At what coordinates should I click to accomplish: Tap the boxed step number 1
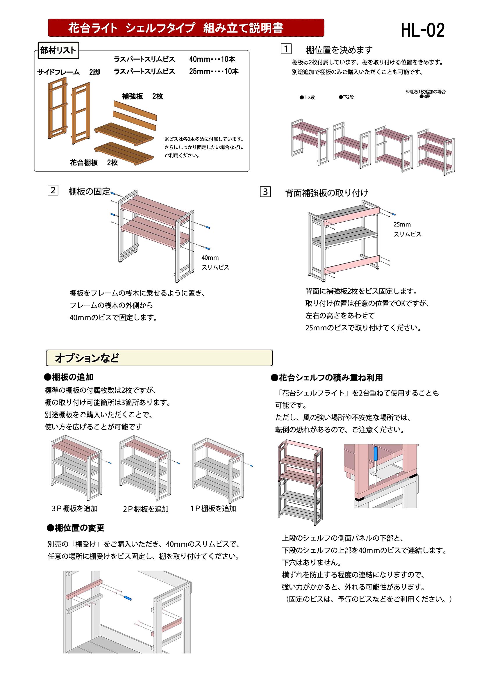click(x=286, y=49)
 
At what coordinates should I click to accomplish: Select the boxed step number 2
click(x=53, y=190)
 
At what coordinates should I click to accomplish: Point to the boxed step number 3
click(x=265, y=192)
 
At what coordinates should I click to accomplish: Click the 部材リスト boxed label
click(x=58, y=51)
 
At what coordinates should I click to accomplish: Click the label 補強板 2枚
click(x=142, y=96)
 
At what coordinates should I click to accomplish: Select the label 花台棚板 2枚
click(x=94, y=163)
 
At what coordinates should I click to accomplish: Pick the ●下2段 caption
click(x=346, y=97)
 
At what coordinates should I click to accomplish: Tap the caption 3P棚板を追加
click(x=74, y=508)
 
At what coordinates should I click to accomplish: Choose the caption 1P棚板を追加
click(x=213, y=508)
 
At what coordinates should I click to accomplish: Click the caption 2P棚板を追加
click(x=146, y=509)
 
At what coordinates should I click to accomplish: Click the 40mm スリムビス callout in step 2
click(x=215, y=262)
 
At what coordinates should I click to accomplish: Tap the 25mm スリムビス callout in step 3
click(x=407, y=229)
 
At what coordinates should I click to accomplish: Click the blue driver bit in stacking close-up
click(x=375, y=455)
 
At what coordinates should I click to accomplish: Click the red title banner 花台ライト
click(x=186, y=28)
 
